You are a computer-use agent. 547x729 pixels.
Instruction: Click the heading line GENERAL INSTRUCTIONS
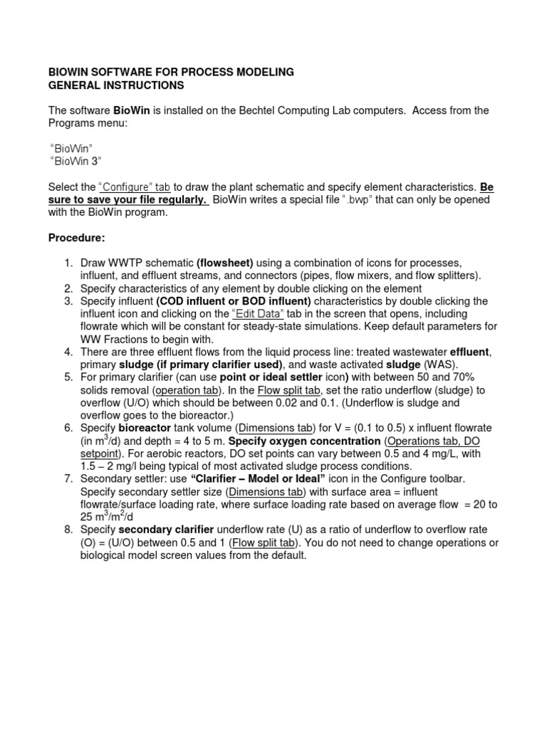point(115,85)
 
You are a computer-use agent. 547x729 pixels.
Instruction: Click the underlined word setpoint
point(102,454)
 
